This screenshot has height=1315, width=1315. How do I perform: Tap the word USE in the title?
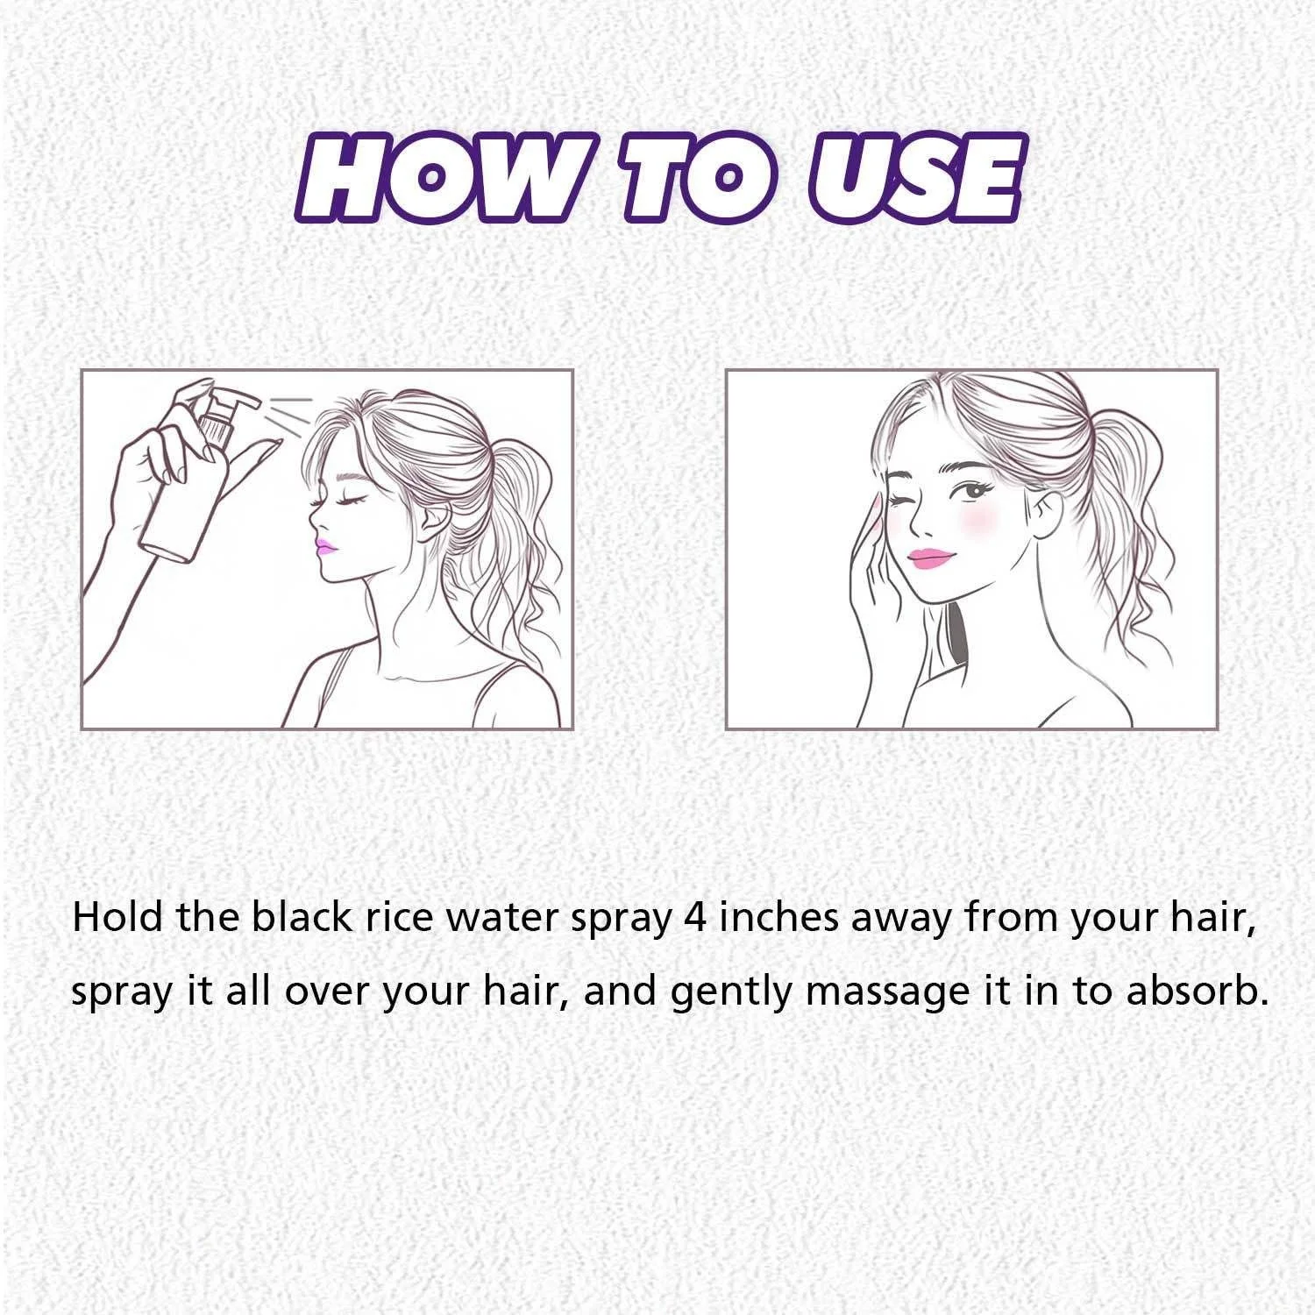tap(912, 178)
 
